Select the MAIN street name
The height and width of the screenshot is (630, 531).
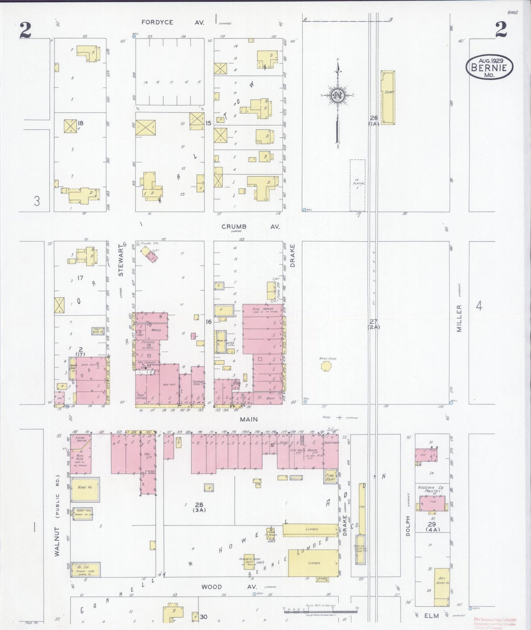point(249,419)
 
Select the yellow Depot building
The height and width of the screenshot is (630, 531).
point(387,97)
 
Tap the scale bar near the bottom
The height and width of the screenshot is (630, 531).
point(320,612)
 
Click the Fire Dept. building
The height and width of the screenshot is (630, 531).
point(330,477)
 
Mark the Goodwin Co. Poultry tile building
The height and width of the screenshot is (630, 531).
point(433,504)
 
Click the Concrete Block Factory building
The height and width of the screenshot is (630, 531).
point(249,562)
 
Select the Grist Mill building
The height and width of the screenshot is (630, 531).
point(84,512)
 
